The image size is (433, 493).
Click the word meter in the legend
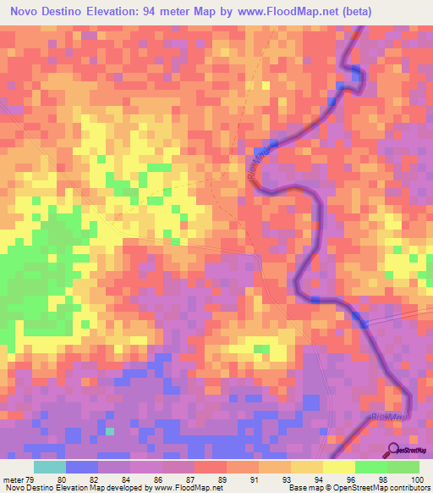pos(13,479)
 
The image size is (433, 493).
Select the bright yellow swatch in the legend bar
pos(339,467)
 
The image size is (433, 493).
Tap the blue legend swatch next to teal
pos(81,467)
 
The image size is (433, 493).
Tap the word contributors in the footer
pos(407,489)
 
